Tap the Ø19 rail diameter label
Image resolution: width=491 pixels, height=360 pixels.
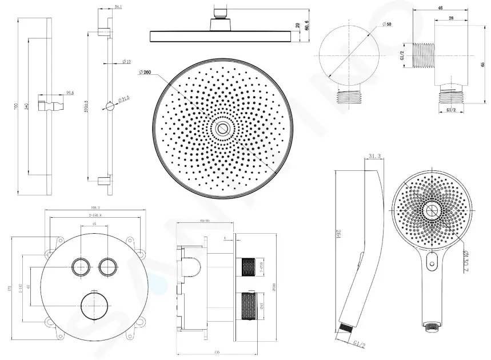click(x=127, y=61)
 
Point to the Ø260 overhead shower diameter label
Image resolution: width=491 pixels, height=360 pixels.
click(x=145, y=72)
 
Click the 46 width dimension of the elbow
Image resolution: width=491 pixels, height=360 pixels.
click(x=441, y=9)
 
